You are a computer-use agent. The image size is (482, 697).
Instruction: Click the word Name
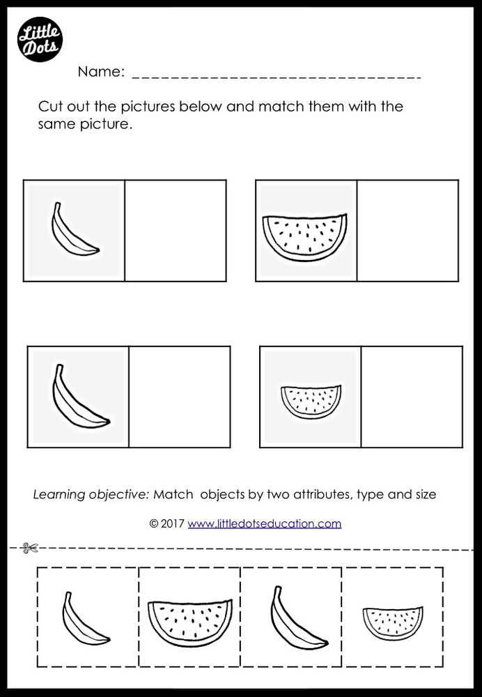100,71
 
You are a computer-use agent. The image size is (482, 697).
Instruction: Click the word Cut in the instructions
50,108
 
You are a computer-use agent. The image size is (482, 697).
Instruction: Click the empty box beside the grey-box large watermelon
407,231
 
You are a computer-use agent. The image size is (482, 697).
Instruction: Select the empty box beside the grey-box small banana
176,231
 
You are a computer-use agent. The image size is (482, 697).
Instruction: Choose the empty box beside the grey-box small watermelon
412,397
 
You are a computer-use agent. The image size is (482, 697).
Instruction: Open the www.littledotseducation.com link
264,523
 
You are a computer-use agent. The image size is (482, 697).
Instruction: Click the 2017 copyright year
173,523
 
